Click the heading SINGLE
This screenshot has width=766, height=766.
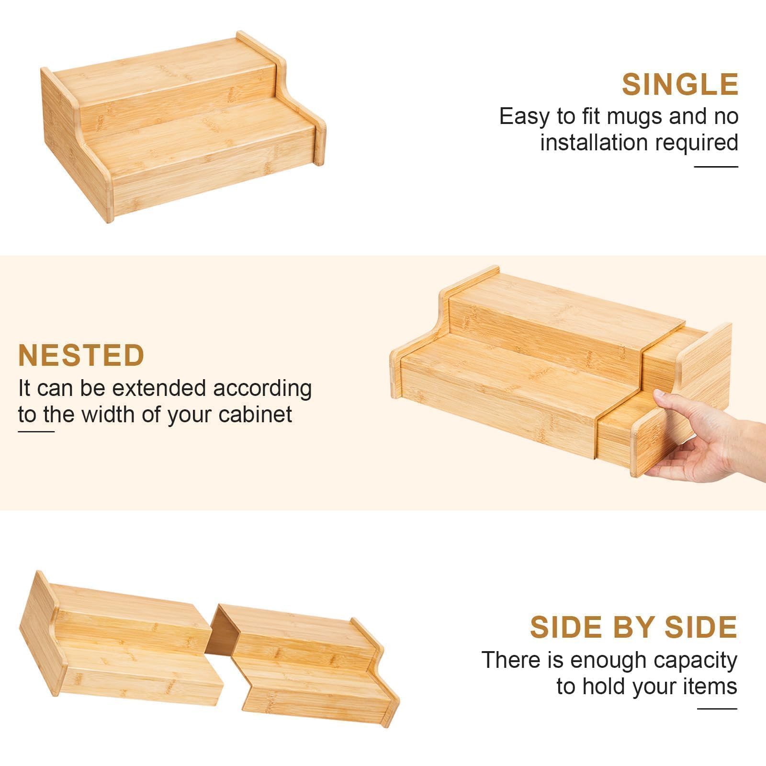tap(680, 84)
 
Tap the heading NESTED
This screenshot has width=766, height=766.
tap(81, 355)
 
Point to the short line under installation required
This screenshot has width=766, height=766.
tap(716, 167)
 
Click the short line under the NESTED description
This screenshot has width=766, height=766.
tap(36, 432)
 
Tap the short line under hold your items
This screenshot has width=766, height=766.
tap(717, 709)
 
